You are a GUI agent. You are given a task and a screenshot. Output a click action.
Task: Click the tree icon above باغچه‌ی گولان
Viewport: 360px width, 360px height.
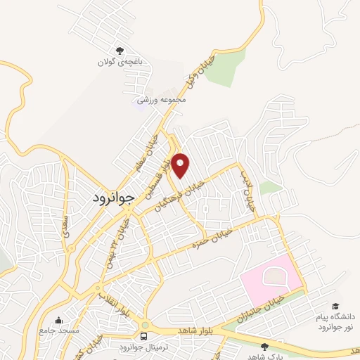[120, 51]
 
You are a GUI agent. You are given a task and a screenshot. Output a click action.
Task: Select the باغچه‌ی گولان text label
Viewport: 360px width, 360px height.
[120, 62]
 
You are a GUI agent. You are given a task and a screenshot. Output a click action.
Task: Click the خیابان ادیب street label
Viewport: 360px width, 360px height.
[247, 190]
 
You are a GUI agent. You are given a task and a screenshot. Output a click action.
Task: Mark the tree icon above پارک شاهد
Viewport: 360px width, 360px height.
[264, 347]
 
